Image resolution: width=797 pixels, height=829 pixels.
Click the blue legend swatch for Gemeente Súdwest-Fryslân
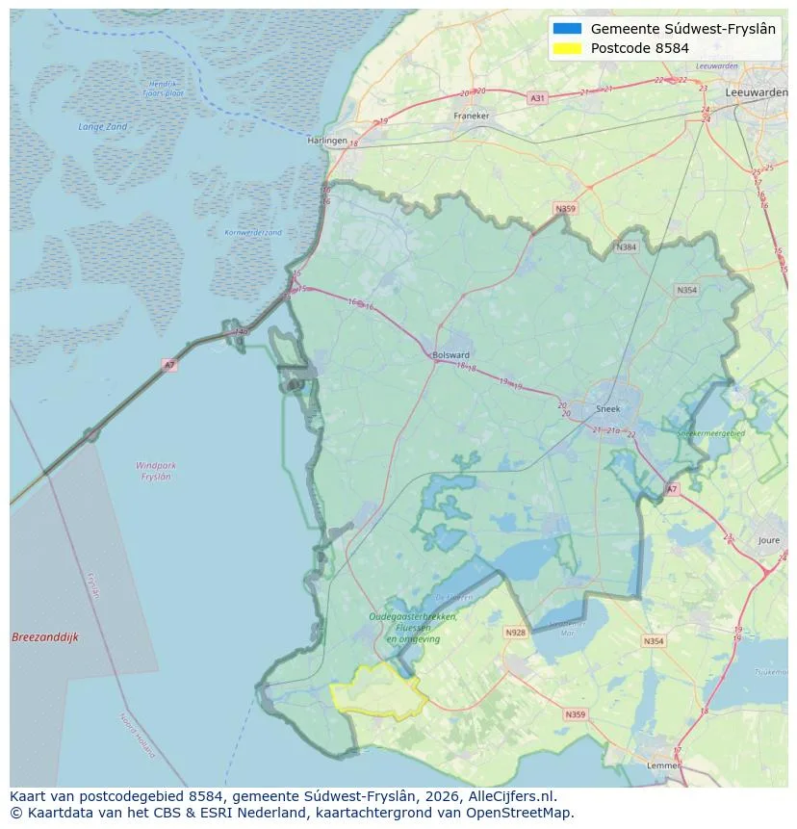click(568, 29)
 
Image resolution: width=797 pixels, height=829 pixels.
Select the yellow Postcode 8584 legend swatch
click(568, 48)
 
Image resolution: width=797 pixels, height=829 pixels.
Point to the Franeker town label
click(471, 116)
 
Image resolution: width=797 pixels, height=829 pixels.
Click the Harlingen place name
click(326, 141)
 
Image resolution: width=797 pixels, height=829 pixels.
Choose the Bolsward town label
click(450, 354)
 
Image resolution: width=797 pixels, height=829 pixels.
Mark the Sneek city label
click(608, 409)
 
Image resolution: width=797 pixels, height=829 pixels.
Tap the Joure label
click(768, 541)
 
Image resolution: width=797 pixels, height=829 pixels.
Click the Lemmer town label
click(663, 766)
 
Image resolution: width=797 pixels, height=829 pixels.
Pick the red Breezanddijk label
click(45, 637)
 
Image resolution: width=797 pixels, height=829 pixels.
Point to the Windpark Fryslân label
click(155, 471)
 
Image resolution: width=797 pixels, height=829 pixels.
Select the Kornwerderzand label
click(253, 232)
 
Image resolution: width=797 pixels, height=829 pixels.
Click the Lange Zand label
click(102, 127)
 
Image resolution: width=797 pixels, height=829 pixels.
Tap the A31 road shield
click(538, 98)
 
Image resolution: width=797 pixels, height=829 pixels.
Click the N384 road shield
click(628, 247)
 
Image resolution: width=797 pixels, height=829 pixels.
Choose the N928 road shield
click(516, 633)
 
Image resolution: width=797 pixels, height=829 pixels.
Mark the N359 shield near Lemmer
click(575, 714)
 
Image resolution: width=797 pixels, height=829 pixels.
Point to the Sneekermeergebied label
click(711, 434)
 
